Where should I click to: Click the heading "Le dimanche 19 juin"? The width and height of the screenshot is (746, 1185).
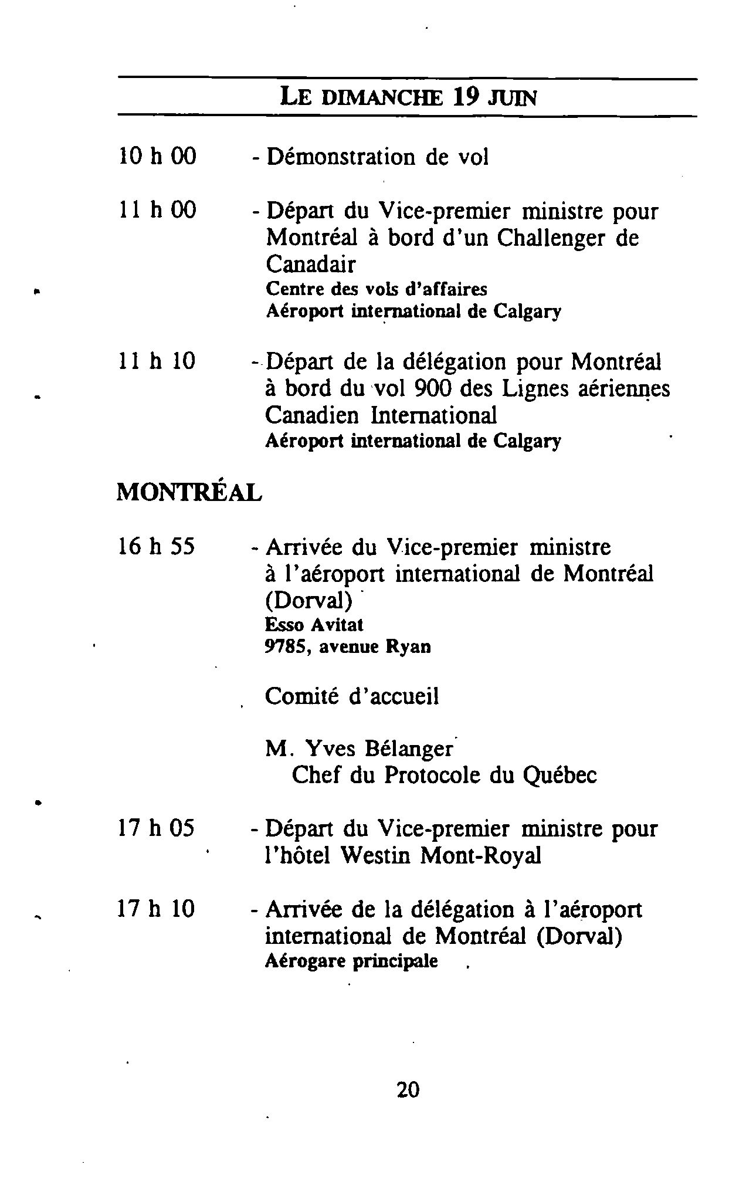click(408, 97)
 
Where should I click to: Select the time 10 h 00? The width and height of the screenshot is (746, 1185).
click(157, 157)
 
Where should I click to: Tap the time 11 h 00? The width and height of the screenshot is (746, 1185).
click(157, 210)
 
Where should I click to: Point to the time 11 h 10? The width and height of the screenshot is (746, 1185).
click(156, 361)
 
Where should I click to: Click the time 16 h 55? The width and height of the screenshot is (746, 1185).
click(156, 547)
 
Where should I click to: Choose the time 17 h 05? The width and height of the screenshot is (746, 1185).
click(156, 828)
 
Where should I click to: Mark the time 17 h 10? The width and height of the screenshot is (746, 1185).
click(156, 909)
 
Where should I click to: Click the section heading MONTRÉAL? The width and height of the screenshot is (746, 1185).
click(189, 492)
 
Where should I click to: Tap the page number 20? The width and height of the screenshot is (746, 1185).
click(408, 1089)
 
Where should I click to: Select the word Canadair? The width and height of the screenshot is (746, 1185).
click(310, 265)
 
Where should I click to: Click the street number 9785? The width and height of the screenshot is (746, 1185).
click(285, 646)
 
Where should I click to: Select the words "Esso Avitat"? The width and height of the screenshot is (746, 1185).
click(314, 625)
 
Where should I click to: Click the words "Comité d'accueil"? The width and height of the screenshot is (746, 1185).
click(352, 696)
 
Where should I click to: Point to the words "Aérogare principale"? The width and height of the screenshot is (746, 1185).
click(351, 961)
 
